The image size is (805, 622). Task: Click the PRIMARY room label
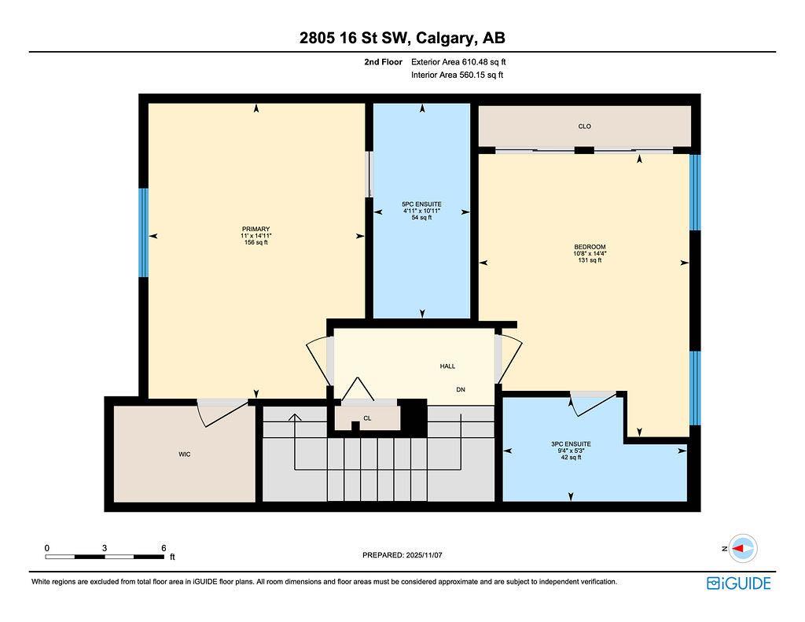point(256,229)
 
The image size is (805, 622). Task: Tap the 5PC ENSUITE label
point(421,204)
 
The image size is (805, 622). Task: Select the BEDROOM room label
point(590,247)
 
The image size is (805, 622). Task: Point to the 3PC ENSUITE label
point(571,443)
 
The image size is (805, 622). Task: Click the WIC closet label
point(185,455)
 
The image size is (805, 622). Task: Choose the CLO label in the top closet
point(584,126)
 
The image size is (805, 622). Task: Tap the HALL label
point(447,366)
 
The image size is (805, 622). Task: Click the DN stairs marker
point(461,389)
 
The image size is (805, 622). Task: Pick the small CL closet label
point(367,418)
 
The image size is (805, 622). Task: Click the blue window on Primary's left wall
point(143,233)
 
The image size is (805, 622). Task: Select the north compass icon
point(742,548)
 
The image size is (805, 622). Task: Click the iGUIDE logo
point(738,583)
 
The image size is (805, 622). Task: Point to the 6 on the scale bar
point(163,547)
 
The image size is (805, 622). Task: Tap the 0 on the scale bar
point(47,547)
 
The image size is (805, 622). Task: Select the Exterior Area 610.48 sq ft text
point(464,61)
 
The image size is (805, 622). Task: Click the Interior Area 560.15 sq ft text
point(457,75)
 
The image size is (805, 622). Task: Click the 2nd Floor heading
point(383,61)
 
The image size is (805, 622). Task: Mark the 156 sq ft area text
point(256,243)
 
